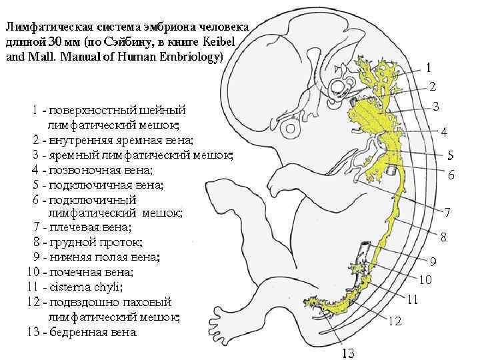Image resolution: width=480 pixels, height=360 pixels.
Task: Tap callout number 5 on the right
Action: (451, 155)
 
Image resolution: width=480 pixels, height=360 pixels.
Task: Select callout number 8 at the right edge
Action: (442, 237)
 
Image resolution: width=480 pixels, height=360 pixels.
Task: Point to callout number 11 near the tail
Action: (413, 300)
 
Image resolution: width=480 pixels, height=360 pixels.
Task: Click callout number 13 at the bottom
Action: (348, 353)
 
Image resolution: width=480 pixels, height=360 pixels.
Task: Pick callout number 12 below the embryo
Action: (395, 321)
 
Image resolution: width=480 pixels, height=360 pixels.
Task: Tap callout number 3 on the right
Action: (435, 107)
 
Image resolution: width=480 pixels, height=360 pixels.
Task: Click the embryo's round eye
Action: (291, 127)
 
